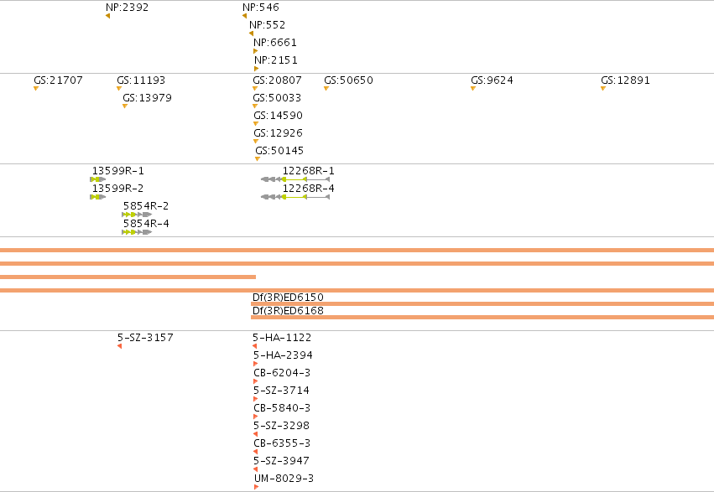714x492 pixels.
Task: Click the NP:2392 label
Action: click(127, 8)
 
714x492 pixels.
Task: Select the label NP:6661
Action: click(275, 42)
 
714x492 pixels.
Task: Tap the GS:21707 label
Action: click(58, 80)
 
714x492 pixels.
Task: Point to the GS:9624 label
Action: click(492, 80)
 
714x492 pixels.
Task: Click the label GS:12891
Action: click(625, 80)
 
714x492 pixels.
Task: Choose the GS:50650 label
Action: click(348, 80)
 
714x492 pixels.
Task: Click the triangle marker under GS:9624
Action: click(473, 89)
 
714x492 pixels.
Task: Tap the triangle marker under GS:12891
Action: click(603, 89)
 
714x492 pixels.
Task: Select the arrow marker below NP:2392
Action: click(108, 16)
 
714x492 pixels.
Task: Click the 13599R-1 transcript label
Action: click(118, 170)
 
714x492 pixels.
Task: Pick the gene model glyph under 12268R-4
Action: click(295, 197)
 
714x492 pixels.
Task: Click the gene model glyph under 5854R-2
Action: click(137, 215)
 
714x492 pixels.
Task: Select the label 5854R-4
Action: click(146, 223)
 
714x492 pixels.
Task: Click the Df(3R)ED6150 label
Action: click(288, 298)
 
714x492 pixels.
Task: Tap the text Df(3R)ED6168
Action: click(288, 311)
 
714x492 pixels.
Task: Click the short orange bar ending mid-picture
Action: click(128, 277)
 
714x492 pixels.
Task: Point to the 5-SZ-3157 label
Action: click(145, 338)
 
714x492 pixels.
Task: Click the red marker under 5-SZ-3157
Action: click(119, 346)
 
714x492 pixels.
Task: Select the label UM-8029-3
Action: click(284, 479)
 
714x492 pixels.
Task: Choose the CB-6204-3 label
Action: click(282, 373)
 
